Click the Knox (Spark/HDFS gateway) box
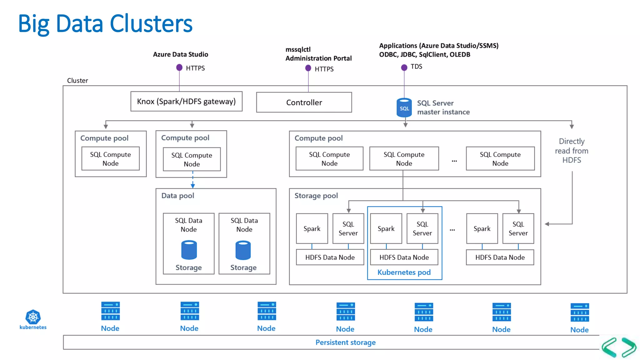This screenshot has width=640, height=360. [x=186, y=102]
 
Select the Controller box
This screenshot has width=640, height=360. [x=304, y=102]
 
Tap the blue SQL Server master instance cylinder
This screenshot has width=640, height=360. [x=404, y=108]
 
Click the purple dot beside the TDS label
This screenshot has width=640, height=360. [x=404, y=67]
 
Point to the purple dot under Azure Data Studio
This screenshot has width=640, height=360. [x=179, y=67]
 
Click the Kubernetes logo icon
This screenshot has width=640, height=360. [x=33, y=317]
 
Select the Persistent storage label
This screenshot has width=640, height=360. [x=345, y=342]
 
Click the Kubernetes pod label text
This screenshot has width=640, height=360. [x=404, y=272]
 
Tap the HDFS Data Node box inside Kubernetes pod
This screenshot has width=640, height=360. [x=404, y=257]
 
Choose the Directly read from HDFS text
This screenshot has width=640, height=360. [x=572, y=151]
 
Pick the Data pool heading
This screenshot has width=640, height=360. [x=177, y=196]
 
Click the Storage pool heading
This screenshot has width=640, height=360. [x=316, y=196]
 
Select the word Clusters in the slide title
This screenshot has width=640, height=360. [x=151, y=23]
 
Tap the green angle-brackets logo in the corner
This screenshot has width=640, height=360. [x=619, y=347]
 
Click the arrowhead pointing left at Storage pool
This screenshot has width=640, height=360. [x=547, y=224]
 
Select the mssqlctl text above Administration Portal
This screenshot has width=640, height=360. [x=298, y=49]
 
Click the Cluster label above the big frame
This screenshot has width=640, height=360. [x=77, y=81]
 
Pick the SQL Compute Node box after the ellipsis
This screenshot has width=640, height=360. [x=500, y=159]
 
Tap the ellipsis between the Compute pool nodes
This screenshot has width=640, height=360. [x=454, y=161]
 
